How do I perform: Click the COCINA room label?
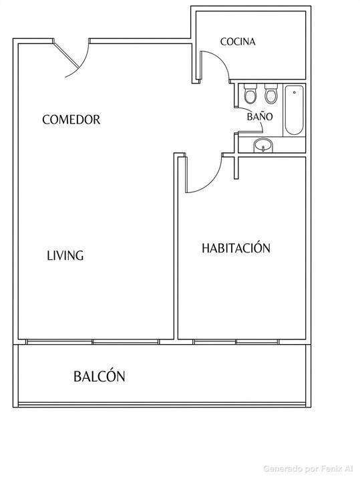tap(238, 41)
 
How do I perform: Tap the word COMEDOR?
tap(71, 120)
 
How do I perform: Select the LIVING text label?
tap(65, 255)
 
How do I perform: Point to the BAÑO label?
tap(260, 116)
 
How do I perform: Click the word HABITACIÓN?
tap(236, 248)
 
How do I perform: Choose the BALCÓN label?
tap(100, 376)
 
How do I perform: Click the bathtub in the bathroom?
tap(295, 110)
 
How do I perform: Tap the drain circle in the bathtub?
tap(295, 92)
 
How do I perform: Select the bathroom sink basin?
tap(263, 145)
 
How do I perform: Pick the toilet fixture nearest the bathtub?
tap(271, 94)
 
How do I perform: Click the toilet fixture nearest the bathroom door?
tap(250, 94)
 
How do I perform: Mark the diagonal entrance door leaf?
tap(66, 55)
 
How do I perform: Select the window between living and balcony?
tap(92, 342)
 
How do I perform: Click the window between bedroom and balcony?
tap(236, 342)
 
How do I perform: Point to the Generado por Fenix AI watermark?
tap(308, 468)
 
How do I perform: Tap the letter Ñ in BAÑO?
tap(260, 116)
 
